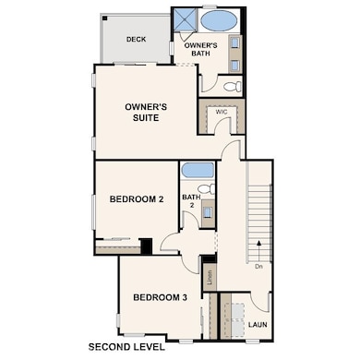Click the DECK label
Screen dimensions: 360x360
point(136,39)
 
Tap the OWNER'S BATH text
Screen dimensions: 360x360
point(200,49)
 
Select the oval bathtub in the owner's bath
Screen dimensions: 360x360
point(219,20)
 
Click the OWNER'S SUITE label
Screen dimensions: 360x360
point(146,113)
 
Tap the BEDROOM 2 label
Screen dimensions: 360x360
point(137,198)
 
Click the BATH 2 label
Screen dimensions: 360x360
point(191,201)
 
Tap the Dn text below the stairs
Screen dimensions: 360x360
point(259,268)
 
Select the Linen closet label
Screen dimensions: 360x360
point(210,275)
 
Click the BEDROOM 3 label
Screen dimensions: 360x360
point(160,297)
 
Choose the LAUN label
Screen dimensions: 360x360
point(256,325)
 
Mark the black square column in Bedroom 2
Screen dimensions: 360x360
point(145,246)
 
